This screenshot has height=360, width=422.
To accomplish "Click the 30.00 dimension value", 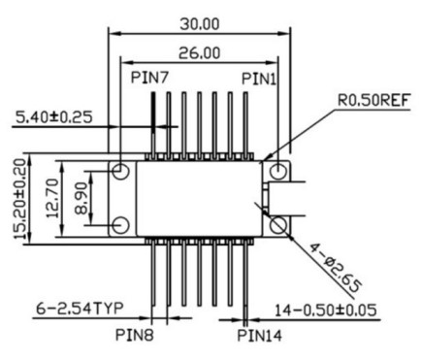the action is point(200,24).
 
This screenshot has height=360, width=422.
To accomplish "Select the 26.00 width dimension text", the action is point(200,53).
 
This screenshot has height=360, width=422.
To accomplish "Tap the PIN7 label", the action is point(149,78).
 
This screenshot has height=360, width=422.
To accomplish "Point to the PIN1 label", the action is point(259,79).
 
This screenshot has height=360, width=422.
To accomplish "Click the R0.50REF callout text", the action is point(374,100).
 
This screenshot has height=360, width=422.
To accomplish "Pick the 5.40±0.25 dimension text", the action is point(54,117).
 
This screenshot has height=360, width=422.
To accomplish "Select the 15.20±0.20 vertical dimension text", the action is point(20,199).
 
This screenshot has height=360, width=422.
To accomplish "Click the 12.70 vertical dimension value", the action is point(52,198).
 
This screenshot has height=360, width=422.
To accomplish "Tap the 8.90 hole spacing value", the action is point(81,198).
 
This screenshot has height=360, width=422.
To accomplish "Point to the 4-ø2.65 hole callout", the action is point(334,268).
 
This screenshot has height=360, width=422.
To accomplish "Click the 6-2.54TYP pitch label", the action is point(80,309).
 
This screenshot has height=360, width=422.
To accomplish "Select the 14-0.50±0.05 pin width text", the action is point(326,311).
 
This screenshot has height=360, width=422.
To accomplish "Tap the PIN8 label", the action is point(135,335).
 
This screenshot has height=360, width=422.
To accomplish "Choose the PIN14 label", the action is point(260,336).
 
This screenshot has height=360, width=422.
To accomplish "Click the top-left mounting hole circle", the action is point(121,171).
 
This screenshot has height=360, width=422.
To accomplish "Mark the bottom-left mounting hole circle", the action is point(121,225).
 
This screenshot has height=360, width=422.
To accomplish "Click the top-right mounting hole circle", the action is point(278,171).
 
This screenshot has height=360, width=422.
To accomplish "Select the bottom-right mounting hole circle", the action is point(278,225).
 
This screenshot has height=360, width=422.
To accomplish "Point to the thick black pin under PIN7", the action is point(153,113).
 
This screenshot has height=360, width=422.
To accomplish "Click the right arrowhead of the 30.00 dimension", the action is point(284,33).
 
